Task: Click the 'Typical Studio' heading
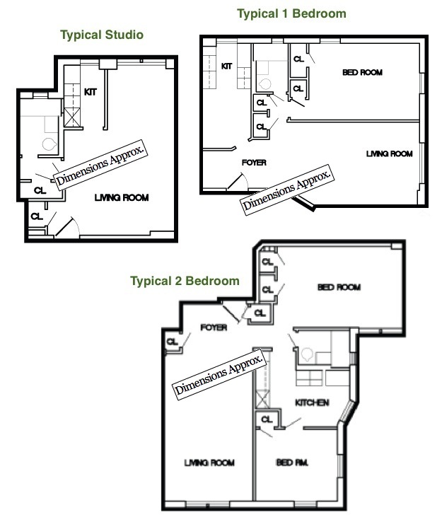point(102,35)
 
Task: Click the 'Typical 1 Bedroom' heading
point(291,13)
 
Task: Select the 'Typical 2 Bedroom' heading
point(185,281)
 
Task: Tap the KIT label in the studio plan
point(91,92)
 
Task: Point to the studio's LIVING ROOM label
point(122,198)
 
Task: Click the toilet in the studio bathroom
point(49,144)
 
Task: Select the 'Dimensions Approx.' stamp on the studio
point(100,165)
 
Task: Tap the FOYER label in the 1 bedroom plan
point(254,163)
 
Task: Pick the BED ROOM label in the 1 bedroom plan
point(363,72)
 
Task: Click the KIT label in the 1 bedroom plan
point(227,66)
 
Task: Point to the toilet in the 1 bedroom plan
point(265,84)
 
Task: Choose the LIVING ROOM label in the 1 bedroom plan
point(390,153)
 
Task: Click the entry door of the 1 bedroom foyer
point(238,182)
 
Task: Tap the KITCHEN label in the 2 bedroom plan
point(312,403)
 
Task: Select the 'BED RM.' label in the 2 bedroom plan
point(292,463)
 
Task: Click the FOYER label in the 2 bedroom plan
point(214,327)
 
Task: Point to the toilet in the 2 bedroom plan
point(306,354)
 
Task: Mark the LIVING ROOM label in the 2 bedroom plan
point(209,463)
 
